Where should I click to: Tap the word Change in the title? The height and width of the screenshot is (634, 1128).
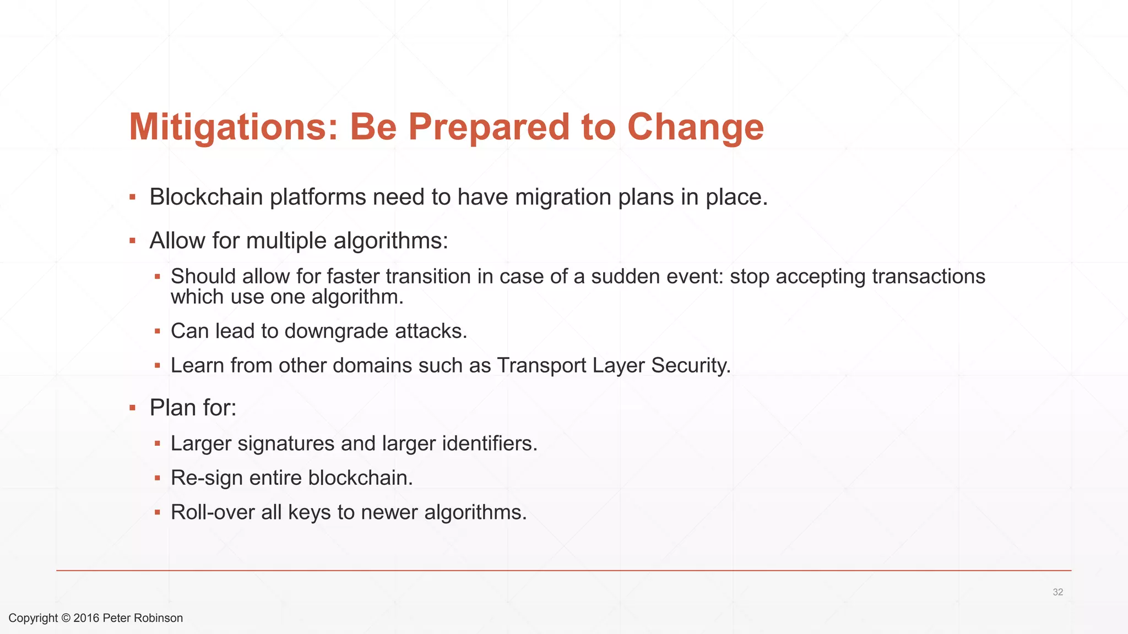click(x=695, y=127)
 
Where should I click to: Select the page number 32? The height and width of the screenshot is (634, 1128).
click(x=1057, y=592)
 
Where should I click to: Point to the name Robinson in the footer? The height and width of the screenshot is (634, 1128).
click(x=158, y=618)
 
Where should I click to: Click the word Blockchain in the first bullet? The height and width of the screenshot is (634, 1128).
click(x=206, y=197)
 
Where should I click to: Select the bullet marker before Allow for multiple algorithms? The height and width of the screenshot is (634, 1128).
click(x=132, y=241)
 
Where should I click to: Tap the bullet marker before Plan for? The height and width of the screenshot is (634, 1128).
click(x=132, y=408)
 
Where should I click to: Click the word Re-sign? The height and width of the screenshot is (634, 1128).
click(x=207, y=478)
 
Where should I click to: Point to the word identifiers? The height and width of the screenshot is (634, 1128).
click(x=489, y=444)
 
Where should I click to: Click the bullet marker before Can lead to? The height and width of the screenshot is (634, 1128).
click(x=158, y=331)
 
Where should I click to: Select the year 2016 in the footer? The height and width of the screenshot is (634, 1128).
click(x=86, y=618)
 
